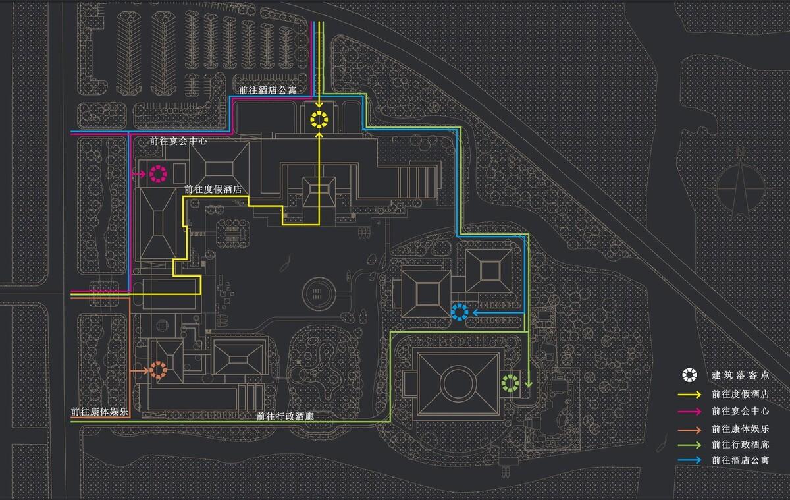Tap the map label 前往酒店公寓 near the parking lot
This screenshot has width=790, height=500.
click(x=267, y=90)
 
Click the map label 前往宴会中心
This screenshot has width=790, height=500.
click(x=178, y=141)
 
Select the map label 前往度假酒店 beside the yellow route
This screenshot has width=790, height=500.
click(x=213, y=190)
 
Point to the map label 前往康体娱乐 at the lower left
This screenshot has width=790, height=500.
click(x=99, y=412)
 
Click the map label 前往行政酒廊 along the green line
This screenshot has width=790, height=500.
click(x=285, y=416)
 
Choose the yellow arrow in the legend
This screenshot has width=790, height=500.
click(x=689, y=394)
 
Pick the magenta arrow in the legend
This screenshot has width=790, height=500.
click(x=689, y=412)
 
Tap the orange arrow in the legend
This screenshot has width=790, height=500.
click(x=689, y=430)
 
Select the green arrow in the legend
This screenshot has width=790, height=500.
click(x=689, y=445)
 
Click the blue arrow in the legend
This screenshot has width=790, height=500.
click(x=689, y=460)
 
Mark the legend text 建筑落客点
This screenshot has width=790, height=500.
click(x=740, y=375)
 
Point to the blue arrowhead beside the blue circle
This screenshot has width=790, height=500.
click(x=475, y=312)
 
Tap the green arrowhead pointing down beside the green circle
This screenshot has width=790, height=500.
click(x=528, y=384)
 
